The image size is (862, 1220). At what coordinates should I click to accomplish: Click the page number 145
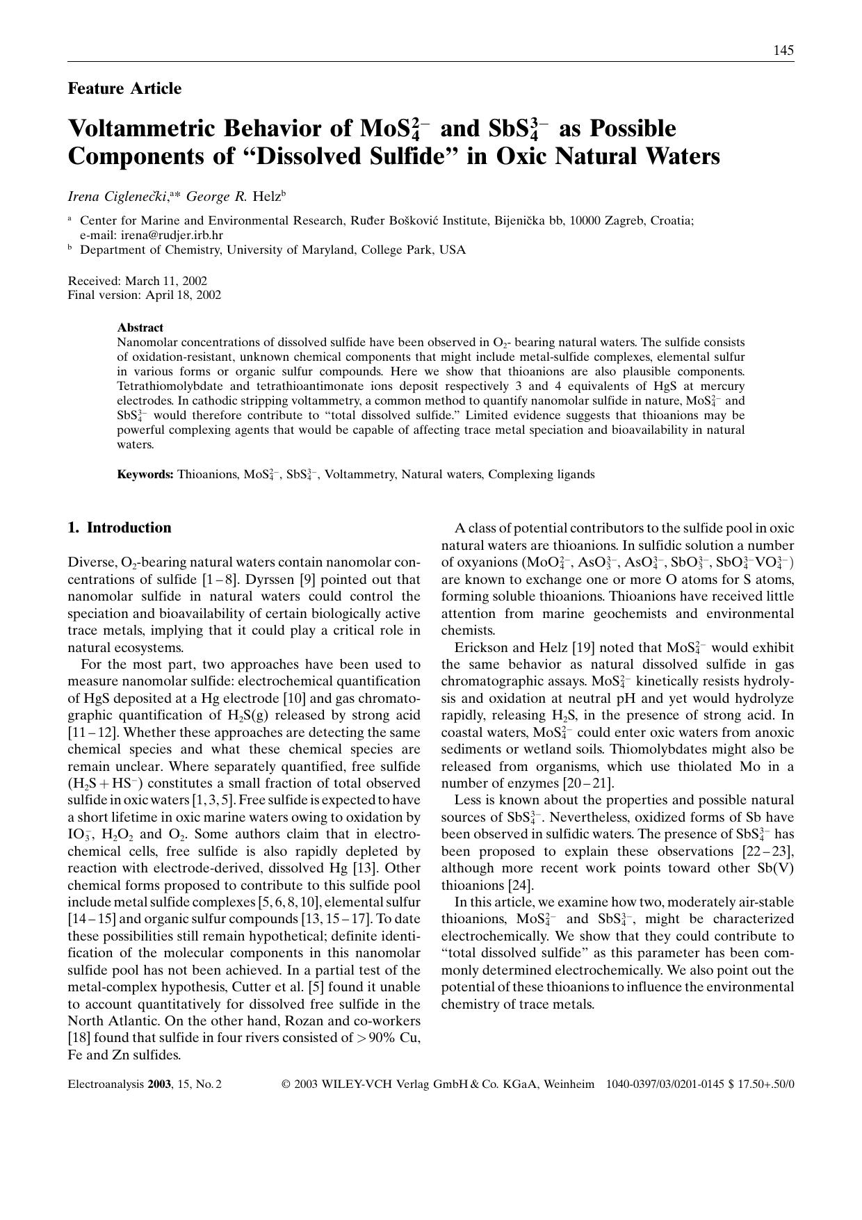783,50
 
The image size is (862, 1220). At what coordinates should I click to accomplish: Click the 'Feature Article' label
124,88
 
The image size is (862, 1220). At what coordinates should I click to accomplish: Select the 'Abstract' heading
140,327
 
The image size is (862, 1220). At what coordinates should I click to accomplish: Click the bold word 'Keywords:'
145,475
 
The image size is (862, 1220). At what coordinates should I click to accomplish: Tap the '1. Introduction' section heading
120,528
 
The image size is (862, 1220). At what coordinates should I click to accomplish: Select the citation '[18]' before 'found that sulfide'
79,1038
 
